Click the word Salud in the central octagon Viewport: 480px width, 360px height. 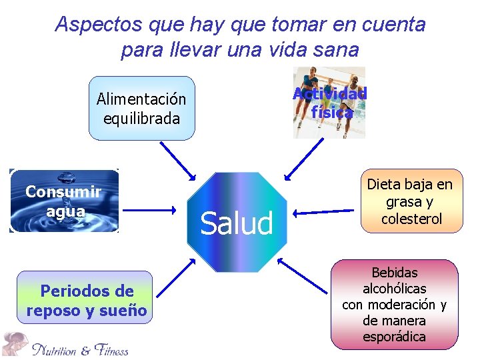237,223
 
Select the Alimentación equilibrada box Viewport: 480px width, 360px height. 141,109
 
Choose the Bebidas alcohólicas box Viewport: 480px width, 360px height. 394,305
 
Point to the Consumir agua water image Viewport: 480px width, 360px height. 64,201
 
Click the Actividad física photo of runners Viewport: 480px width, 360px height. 329,103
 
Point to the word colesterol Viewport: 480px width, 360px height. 411,219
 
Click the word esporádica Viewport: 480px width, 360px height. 394,337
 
